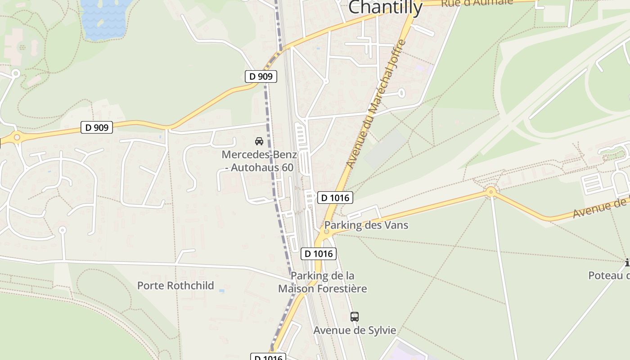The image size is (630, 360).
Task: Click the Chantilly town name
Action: [x=385, y=7]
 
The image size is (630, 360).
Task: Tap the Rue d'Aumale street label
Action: [x=477, y=3]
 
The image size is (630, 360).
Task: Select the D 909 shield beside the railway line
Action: [x=261, y=76]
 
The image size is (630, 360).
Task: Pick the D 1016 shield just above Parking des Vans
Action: [x=335, y=198]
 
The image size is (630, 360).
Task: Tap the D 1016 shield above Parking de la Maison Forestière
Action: [x=319, y=254]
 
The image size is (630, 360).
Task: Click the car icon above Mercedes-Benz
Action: [x=259, y=141]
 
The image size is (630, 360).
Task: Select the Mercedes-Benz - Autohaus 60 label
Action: [x=259, y=161]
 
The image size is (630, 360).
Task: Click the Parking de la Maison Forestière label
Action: [x=322, y=282]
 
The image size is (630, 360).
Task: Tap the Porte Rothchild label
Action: [x=175, y=285]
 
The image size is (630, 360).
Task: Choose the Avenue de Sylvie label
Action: [x=355, y=330]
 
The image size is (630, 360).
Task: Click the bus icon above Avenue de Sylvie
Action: [x=355, y=317]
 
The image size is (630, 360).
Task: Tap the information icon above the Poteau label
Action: [x=627, y=262]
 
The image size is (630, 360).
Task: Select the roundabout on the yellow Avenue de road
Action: [x=490, y=192]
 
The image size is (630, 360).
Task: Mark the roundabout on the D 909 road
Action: [x=17, y=137]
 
